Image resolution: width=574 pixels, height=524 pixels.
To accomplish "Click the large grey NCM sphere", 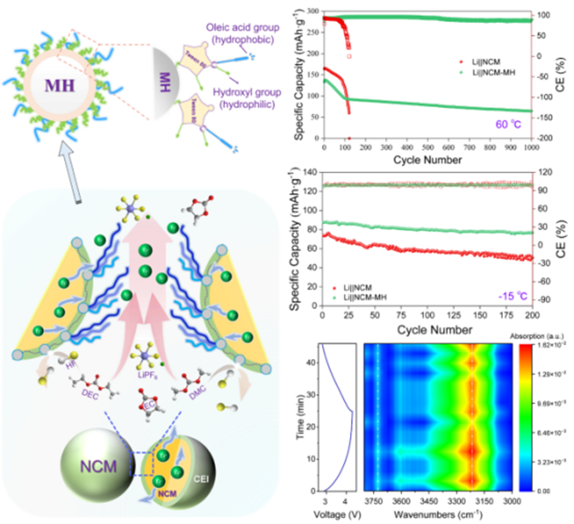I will point(94,459).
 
